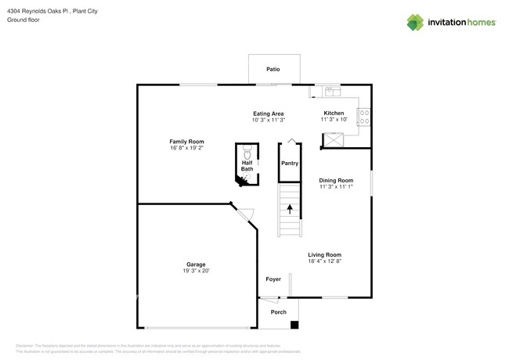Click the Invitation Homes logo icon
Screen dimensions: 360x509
coord(415,23)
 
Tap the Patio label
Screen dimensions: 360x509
coord(273,70)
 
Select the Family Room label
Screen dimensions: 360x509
coord(186,142)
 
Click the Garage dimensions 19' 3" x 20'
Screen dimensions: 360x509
coord(196,271)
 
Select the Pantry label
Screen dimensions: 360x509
coord(290,164)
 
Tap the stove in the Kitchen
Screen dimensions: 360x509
coord(364,117)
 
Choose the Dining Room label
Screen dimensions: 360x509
coord(336,181)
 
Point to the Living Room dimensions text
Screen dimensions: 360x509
coord(324,261)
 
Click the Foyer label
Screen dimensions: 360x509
coord(273,279)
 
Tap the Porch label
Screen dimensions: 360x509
coord(278,312)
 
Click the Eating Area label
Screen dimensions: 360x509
coord(269,114)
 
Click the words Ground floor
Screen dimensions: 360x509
coord(23,20)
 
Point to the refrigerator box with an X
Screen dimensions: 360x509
coord(333,140)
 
